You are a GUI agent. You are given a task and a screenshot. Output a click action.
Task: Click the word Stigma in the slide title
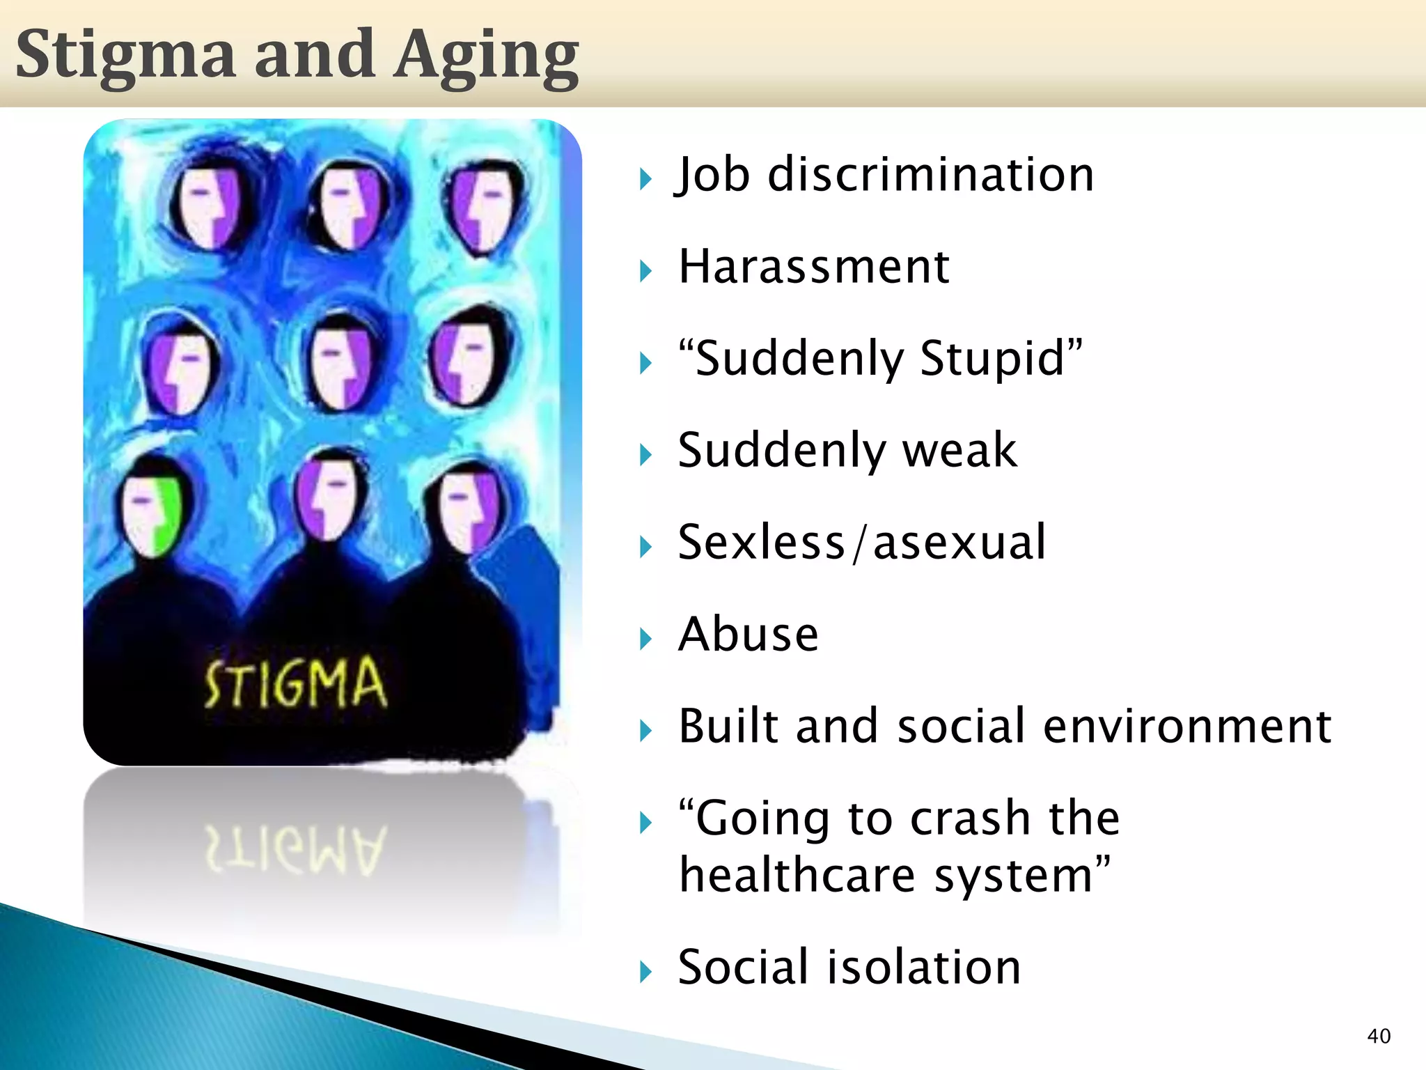(125, 56)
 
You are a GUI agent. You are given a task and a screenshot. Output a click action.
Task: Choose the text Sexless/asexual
(862, 543)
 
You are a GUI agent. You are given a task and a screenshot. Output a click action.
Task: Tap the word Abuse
(749, 635)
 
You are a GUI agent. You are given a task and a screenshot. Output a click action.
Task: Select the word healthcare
(797, 876)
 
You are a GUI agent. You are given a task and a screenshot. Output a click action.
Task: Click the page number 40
(1379, 1036)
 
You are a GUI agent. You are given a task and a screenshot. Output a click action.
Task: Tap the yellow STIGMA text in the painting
(295, 683)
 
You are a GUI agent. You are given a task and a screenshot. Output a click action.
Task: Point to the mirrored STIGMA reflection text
(295, 850)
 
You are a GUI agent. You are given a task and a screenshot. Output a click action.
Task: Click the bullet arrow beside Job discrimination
(645, 180)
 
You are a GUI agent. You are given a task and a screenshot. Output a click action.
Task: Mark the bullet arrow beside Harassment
(645, 272)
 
